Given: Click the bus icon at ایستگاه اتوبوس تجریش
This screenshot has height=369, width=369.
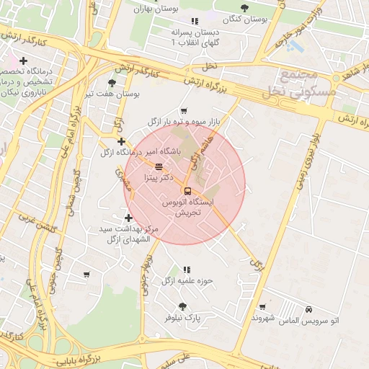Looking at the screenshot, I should point(187,191).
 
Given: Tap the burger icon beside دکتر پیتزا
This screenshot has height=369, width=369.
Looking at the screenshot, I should point(159,166).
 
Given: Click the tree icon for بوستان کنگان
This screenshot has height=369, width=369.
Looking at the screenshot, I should point(244,8).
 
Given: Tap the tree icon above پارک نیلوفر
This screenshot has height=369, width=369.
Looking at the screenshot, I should point(192,306).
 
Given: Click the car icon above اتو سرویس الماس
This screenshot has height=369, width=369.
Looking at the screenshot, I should point(308,308).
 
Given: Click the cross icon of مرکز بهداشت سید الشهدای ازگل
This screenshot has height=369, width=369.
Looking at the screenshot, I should point(128,218).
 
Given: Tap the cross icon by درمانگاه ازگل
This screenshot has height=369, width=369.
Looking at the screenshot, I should point(121,141).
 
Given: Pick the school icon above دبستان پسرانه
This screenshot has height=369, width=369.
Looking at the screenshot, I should point(195,22).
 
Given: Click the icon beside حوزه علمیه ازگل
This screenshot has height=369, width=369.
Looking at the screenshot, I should point(187,270).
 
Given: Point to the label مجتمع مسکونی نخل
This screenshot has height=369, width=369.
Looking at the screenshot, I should point(297,84).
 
